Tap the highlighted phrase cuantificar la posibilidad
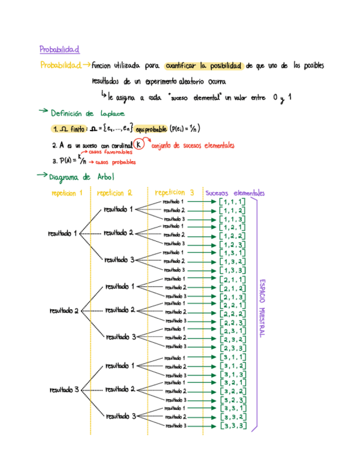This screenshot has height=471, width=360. tap(204, 66)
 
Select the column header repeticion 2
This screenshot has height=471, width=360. tap(114, 193)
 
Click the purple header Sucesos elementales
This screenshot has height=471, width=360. tap(235, 193)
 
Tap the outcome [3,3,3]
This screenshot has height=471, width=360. tap(233, 426)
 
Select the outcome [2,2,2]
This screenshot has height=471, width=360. tap(232, 313)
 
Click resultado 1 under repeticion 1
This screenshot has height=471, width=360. tap(62, 234)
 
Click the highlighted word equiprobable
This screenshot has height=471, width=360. tap(151, 129)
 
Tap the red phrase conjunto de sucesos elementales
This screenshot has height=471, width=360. tap(193, 146)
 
